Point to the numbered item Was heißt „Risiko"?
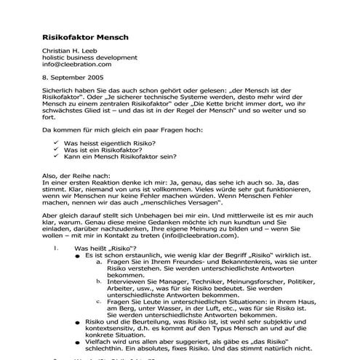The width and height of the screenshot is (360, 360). pos(100,248)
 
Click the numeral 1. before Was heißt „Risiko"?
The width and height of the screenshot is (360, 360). pos(57,248)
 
